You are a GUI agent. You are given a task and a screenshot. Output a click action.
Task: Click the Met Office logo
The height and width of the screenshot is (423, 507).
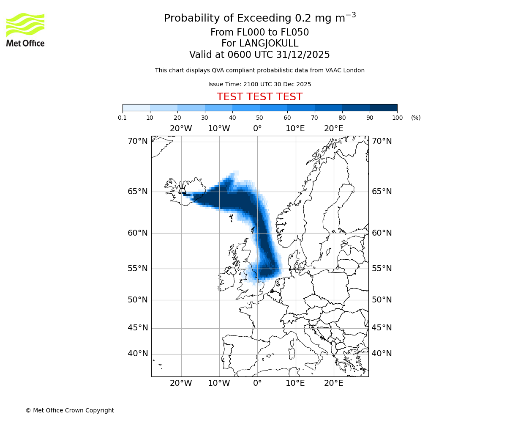25,30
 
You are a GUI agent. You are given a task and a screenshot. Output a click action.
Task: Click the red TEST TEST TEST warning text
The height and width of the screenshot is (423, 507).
259,97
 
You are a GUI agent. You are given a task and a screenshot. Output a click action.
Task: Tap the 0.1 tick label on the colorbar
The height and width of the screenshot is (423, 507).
123,118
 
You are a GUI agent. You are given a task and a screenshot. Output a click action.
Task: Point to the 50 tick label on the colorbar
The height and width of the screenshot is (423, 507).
259,118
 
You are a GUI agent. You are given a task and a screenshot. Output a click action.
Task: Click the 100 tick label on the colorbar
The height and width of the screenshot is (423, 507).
397,118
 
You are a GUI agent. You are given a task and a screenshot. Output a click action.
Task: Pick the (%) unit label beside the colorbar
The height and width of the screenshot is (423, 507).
416,118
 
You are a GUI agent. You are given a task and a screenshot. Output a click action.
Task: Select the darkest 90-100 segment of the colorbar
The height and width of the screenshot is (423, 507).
383,107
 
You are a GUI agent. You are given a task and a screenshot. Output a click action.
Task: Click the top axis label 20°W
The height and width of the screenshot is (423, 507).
181,129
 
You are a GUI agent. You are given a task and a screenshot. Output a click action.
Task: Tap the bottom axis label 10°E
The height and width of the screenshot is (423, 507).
295,383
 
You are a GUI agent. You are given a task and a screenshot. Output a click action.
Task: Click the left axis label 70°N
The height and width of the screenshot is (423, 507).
138,141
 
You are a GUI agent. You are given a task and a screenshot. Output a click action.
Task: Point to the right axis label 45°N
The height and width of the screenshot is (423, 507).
382,328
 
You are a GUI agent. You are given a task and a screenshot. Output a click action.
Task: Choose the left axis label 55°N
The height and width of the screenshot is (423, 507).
138,269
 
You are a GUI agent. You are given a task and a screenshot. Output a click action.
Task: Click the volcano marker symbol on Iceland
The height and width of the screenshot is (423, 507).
183,190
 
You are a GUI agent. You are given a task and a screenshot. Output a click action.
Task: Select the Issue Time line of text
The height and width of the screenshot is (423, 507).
259,84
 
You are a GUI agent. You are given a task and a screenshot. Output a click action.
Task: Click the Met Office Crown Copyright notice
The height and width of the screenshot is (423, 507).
70,410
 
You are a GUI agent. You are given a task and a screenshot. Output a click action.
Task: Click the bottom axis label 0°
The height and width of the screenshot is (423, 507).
257,383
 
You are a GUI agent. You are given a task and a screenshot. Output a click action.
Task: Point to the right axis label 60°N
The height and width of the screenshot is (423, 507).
382,233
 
